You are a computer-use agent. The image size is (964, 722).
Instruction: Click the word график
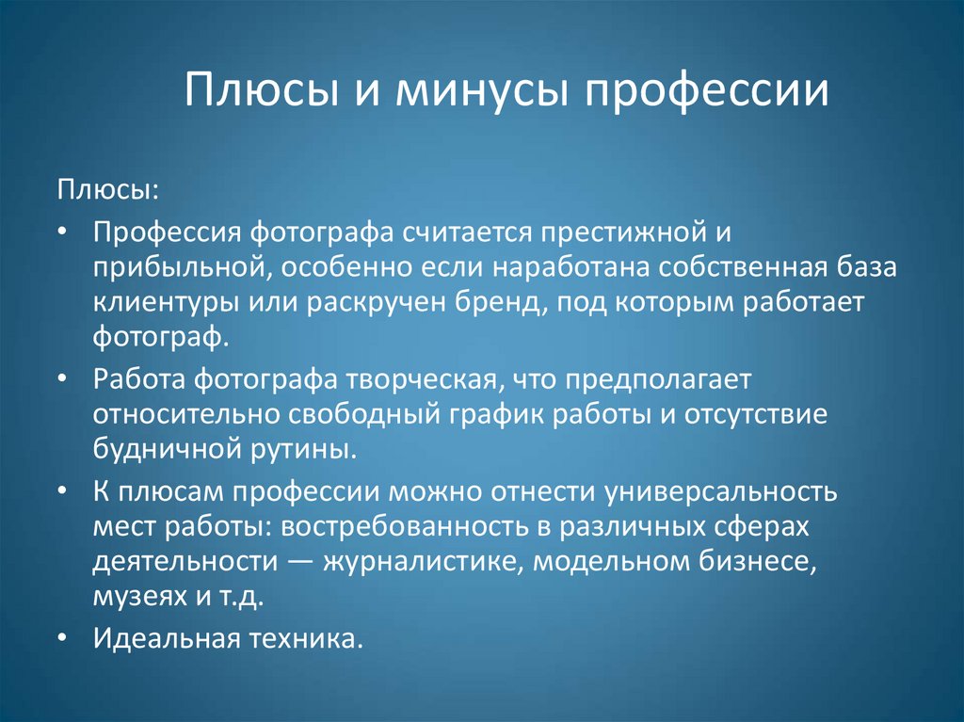(x=495, y=416)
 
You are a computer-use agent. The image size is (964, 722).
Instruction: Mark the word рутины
(x=303, y=451)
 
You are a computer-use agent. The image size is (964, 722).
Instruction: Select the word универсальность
(x=719, y=492)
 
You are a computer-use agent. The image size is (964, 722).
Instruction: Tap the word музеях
(x=139, y=597)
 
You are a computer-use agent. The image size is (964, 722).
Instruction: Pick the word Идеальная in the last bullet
(x=167, y=638)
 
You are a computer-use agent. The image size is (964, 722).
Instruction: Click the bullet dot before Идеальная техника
(x=62, y=639)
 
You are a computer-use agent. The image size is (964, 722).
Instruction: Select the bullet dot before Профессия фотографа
(x=62, y=233)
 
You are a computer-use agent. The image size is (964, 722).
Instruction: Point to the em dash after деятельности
(x=300, y=563)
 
